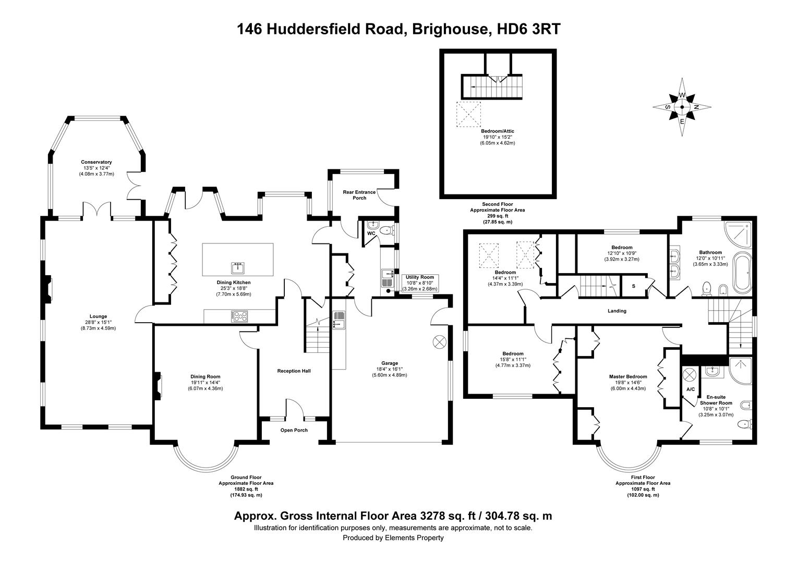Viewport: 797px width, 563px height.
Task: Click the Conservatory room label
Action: click(x=96, y=162)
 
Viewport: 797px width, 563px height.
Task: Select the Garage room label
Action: click(x=389, y=363)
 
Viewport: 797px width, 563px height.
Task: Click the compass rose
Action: click(x=681, y=107)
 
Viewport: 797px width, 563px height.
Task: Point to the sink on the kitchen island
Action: click(x=238, y=268)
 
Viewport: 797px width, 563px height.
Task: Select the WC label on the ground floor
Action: click(x=371, y=233)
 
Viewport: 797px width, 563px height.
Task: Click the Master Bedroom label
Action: click(x=628, y=377)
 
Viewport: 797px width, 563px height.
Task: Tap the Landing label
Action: click(x=617, y=311)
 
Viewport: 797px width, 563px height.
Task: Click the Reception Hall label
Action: click(x=294, y=371)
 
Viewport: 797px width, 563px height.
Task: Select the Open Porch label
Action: click(x=294, y=431)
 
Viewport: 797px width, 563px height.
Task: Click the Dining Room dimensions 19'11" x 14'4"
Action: click(x=206, y=383)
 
